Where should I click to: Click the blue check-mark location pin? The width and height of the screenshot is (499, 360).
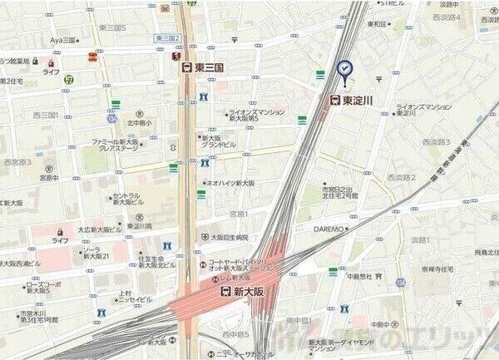click(344, 70)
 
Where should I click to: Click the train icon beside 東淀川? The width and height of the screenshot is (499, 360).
click(334, 100)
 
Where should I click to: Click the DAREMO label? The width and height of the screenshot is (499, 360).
click(329, 229)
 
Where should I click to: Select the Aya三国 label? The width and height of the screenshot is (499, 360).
click(62, 39)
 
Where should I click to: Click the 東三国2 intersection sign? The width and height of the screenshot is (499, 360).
click(167, 38)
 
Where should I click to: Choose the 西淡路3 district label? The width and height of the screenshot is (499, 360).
click(436, 142)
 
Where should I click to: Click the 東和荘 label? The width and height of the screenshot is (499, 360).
click(378, 24)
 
